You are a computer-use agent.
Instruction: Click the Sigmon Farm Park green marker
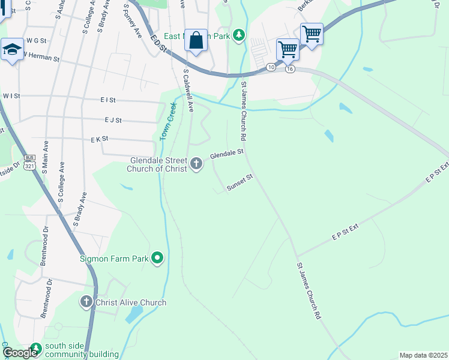(157, 259)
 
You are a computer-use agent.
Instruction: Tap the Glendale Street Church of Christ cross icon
(196, 163)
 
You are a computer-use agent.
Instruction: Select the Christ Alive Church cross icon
(86, 302)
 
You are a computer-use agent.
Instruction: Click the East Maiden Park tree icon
(240, 35)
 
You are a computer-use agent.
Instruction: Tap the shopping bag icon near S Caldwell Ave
(196, 41)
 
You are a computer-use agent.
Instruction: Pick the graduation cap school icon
(11, 50)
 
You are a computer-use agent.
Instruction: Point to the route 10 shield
(271, 68)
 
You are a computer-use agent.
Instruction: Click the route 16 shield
(290, 69)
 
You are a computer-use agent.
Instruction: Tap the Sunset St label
(241, 184)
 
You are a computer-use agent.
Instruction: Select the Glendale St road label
(226, 154)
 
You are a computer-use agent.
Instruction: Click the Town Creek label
(169, 122)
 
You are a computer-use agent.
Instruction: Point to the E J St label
(113, 120)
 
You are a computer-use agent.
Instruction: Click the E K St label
(99, 139)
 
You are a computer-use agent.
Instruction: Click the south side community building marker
(36, 348)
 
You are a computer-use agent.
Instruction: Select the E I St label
(108, 100)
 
